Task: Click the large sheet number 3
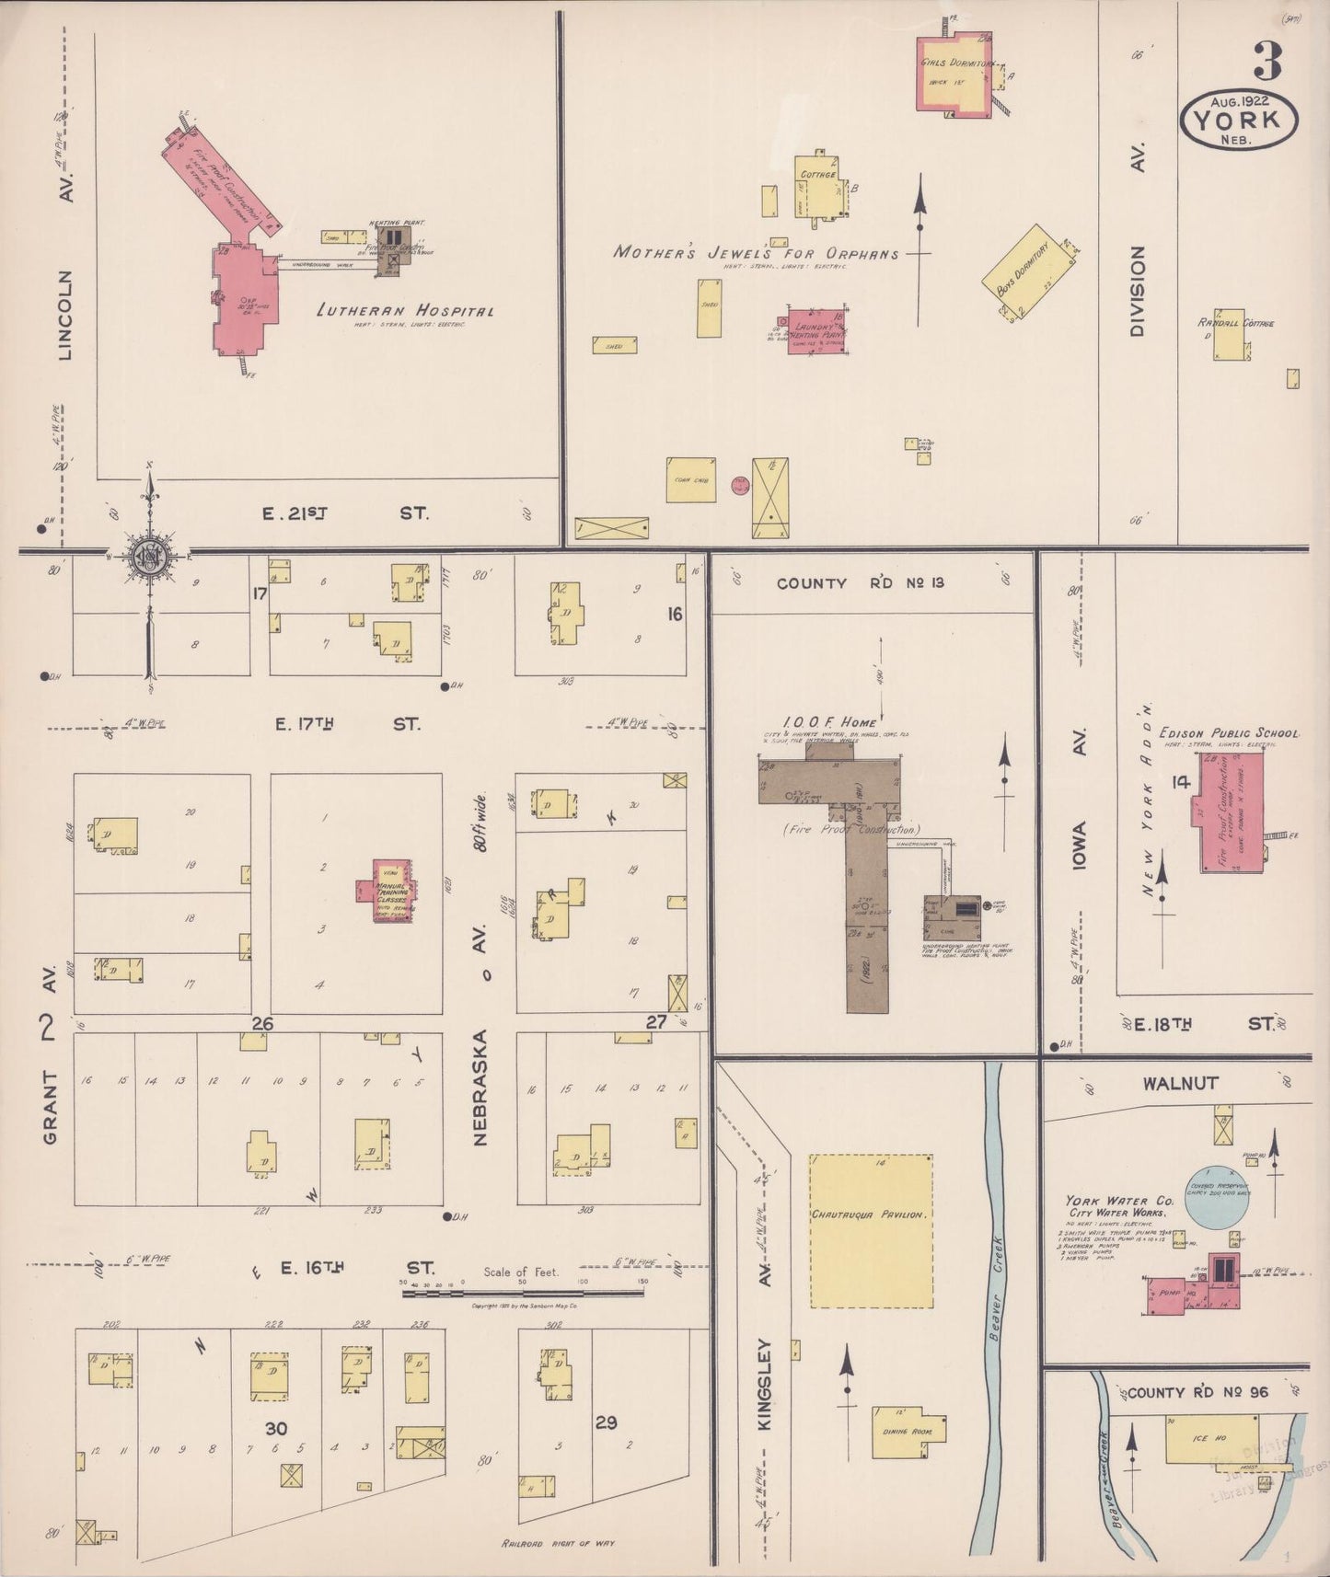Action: tap(1267, 63)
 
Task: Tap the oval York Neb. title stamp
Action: tap(1239, 120)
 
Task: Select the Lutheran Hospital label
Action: tap(404, 311)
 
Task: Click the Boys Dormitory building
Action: tap(1029, 272)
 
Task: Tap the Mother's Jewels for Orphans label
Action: tap(756, 253)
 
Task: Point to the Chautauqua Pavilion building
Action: tap(871, 1230)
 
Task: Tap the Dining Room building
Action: tap(907, 1431)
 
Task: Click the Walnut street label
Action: tap(1180, 1083)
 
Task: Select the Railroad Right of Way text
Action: tap(558, 1543)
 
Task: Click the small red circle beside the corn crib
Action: tap(738, 485)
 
